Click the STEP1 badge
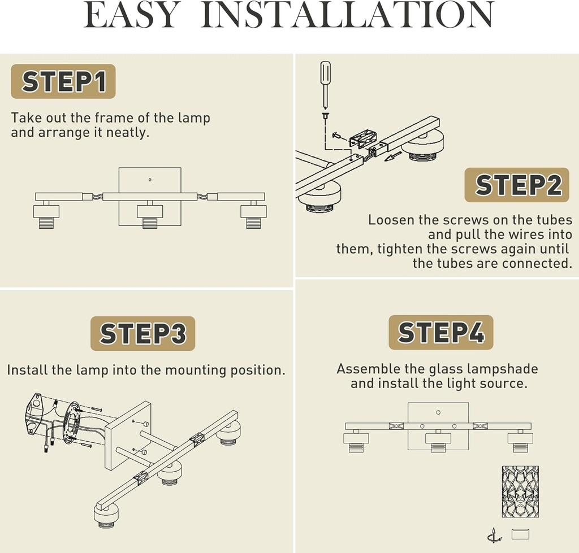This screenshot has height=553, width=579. point(63,81)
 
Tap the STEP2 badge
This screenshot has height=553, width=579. point(517,185)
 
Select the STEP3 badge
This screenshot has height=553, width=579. point(142,333)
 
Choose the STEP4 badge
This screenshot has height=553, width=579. point(441,332)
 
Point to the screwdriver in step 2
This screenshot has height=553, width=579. point(325,85)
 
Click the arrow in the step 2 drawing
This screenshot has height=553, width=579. point(393,156)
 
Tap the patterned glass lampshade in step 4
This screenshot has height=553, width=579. point(520,492)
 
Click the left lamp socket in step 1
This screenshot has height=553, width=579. point(46,215)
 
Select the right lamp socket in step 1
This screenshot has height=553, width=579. point(254,215)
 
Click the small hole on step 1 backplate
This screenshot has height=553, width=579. point(149,180)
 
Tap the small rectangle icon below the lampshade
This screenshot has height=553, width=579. point(520,534)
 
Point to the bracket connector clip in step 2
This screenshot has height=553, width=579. point(362,138)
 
